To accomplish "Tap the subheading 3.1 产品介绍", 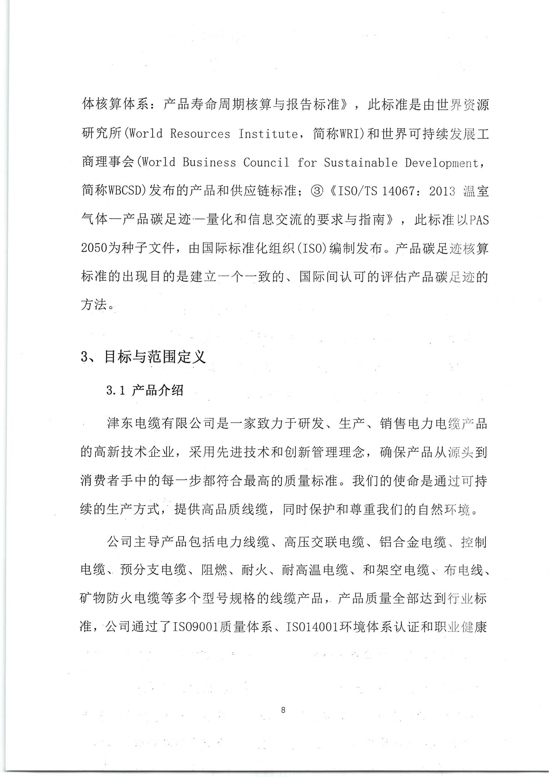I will pyautogui.click(x=145, y=390).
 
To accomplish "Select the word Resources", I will pyautogui.click(x=200, y=134).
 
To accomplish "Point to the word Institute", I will pyautogui.click(x=268, y=134).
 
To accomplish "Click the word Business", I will pyautogui.click(x=209, y=163).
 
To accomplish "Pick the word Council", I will pyautogui.click(x=267, y=163).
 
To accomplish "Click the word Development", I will pyautogui.click(x=442, y=163).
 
